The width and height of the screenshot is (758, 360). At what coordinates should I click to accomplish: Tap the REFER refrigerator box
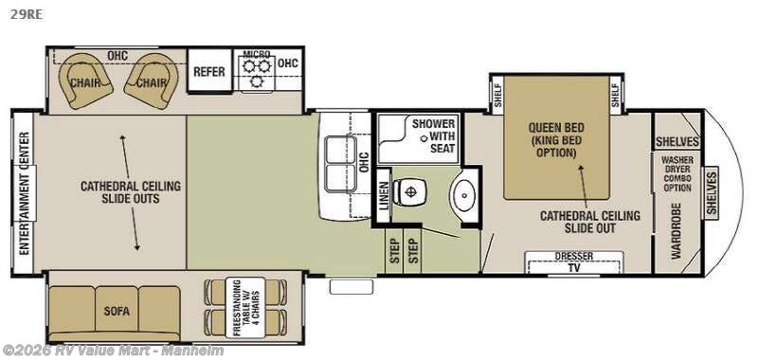(x=208, y=71)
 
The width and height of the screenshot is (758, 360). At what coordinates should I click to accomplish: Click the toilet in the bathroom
(x=410, y=193)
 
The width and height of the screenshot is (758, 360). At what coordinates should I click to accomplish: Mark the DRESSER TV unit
(x=574, y=261)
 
